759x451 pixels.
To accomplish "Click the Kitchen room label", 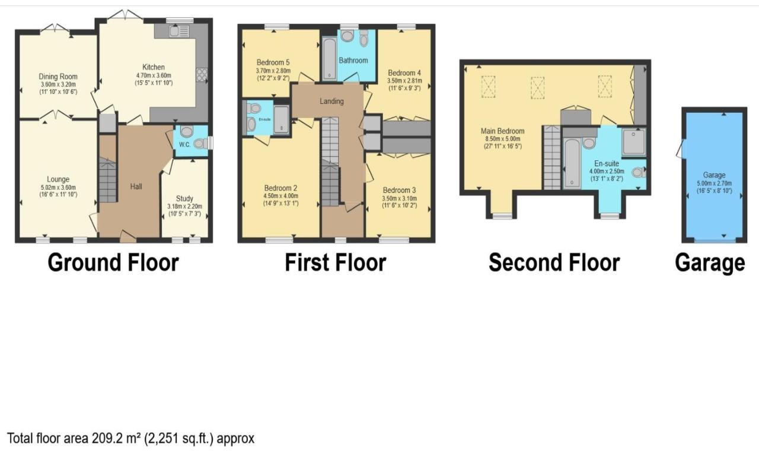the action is [154, 67].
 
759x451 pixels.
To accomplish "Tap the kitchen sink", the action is [179, 31].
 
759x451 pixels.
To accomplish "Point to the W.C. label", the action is [184, 145].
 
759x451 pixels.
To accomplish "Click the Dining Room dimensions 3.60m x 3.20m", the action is [58, 84].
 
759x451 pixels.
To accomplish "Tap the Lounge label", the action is [58, 179].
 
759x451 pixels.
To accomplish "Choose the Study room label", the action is [184, 198].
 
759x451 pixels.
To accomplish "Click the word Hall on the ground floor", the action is [136, 186].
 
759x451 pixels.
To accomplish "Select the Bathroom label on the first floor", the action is [353, 61].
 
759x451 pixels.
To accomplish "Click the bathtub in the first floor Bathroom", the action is [329, 59].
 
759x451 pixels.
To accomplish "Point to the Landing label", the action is [331, 101].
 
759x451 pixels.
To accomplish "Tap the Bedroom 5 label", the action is [273, 62].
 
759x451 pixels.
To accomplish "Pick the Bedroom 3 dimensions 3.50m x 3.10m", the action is [400, 198].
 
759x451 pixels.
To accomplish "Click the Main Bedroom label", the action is [502, 131].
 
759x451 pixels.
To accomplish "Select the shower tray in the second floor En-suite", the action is [634, 142].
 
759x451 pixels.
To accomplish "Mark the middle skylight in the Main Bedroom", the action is [537, 88].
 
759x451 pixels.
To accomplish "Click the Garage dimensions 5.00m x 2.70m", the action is [715, 183].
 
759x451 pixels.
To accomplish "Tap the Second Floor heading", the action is [554, 263].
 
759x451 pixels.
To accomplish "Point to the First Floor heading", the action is [336, 263].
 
